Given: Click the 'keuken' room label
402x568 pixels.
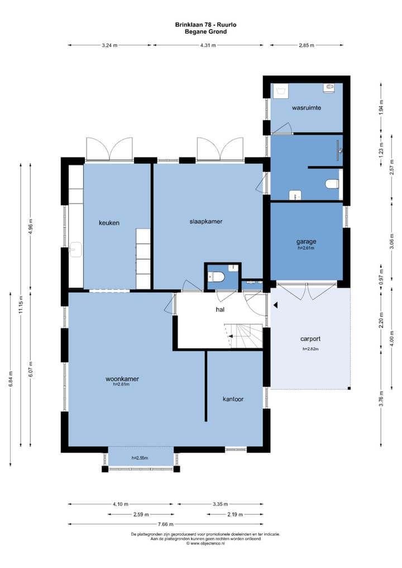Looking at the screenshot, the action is tap(109, 223).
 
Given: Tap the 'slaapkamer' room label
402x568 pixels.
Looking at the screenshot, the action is tap(206, 222).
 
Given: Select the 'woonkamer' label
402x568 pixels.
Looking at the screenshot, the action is tap(122, 379).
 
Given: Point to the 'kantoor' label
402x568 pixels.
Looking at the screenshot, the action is tap(233, 399).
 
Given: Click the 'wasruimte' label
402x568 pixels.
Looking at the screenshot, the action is tap(307, 108).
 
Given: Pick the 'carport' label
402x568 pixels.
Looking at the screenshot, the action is tap(310, 339).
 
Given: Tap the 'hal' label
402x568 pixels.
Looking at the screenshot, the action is tap(220, 309).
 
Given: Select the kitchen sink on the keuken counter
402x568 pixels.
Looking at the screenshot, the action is tap(76, 250).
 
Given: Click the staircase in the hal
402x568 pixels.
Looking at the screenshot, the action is tap(243, 335).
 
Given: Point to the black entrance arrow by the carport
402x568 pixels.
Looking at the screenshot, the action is tap(275, 305).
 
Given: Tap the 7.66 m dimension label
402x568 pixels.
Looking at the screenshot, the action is tap(166, 524).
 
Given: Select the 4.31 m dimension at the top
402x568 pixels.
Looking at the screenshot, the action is tap(208, 45).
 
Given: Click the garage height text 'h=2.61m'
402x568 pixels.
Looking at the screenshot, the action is tap(306, 248).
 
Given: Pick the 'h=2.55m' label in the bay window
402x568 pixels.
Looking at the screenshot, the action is tap(140, 458).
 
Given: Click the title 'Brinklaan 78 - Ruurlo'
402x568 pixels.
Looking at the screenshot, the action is tap(206, 25).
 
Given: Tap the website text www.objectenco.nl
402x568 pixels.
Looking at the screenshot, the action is tap(205, 543).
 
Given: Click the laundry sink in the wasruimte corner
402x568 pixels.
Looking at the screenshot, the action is tap(281, 91).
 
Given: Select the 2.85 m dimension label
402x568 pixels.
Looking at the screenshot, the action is tap(307, 45).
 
